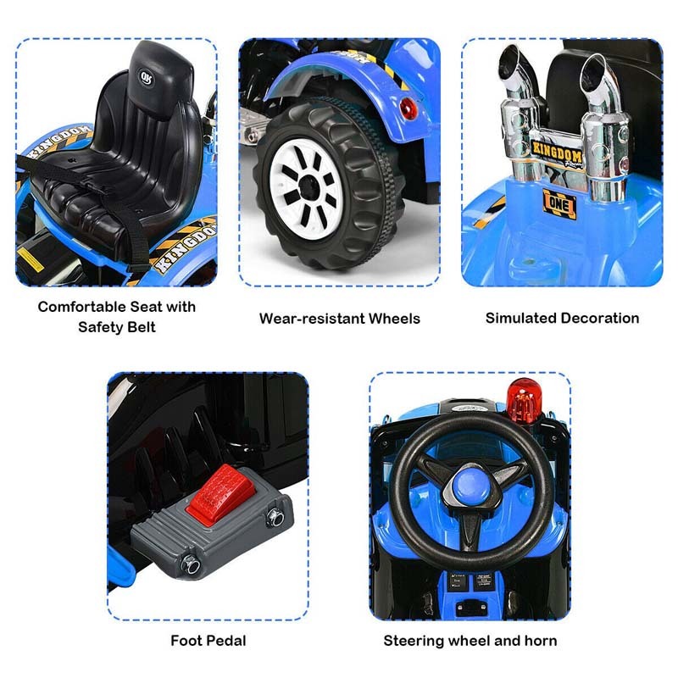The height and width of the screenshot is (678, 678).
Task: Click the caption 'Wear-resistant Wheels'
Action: (339, 319)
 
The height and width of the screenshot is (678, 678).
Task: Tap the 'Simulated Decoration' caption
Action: (562, 318)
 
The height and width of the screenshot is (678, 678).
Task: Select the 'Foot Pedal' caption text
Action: (208, 641)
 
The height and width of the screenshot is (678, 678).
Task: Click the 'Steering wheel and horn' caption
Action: (470, 641)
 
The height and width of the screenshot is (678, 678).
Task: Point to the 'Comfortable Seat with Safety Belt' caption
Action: (116, 315)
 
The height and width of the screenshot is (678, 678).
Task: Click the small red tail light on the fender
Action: (409, 109)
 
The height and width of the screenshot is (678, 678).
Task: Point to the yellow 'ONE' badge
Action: (559, 203)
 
